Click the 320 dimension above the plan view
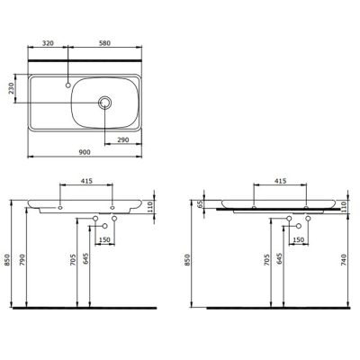48,42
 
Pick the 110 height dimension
153,209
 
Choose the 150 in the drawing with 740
299,240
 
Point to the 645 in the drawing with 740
281,263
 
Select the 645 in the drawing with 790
86,263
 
